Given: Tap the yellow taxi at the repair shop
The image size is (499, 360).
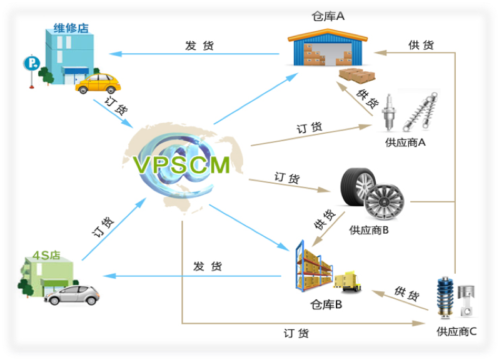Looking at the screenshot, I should pyautogui.click(x=98, y=83).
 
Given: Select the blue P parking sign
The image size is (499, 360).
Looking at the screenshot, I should pyautogui.click(x=29, y=63).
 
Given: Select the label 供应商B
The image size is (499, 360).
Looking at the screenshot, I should pyautogui.click(x=370, y=229).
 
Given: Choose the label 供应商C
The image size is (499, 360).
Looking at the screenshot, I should pyautogui.click(x=456, y=331).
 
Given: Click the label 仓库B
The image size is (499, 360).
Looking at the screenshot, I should pyautogui.click(x=326, y=305).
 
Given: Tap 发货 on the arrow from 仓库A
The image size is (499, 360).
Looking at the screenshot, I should pyautogui.click(x=199, y=46).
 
